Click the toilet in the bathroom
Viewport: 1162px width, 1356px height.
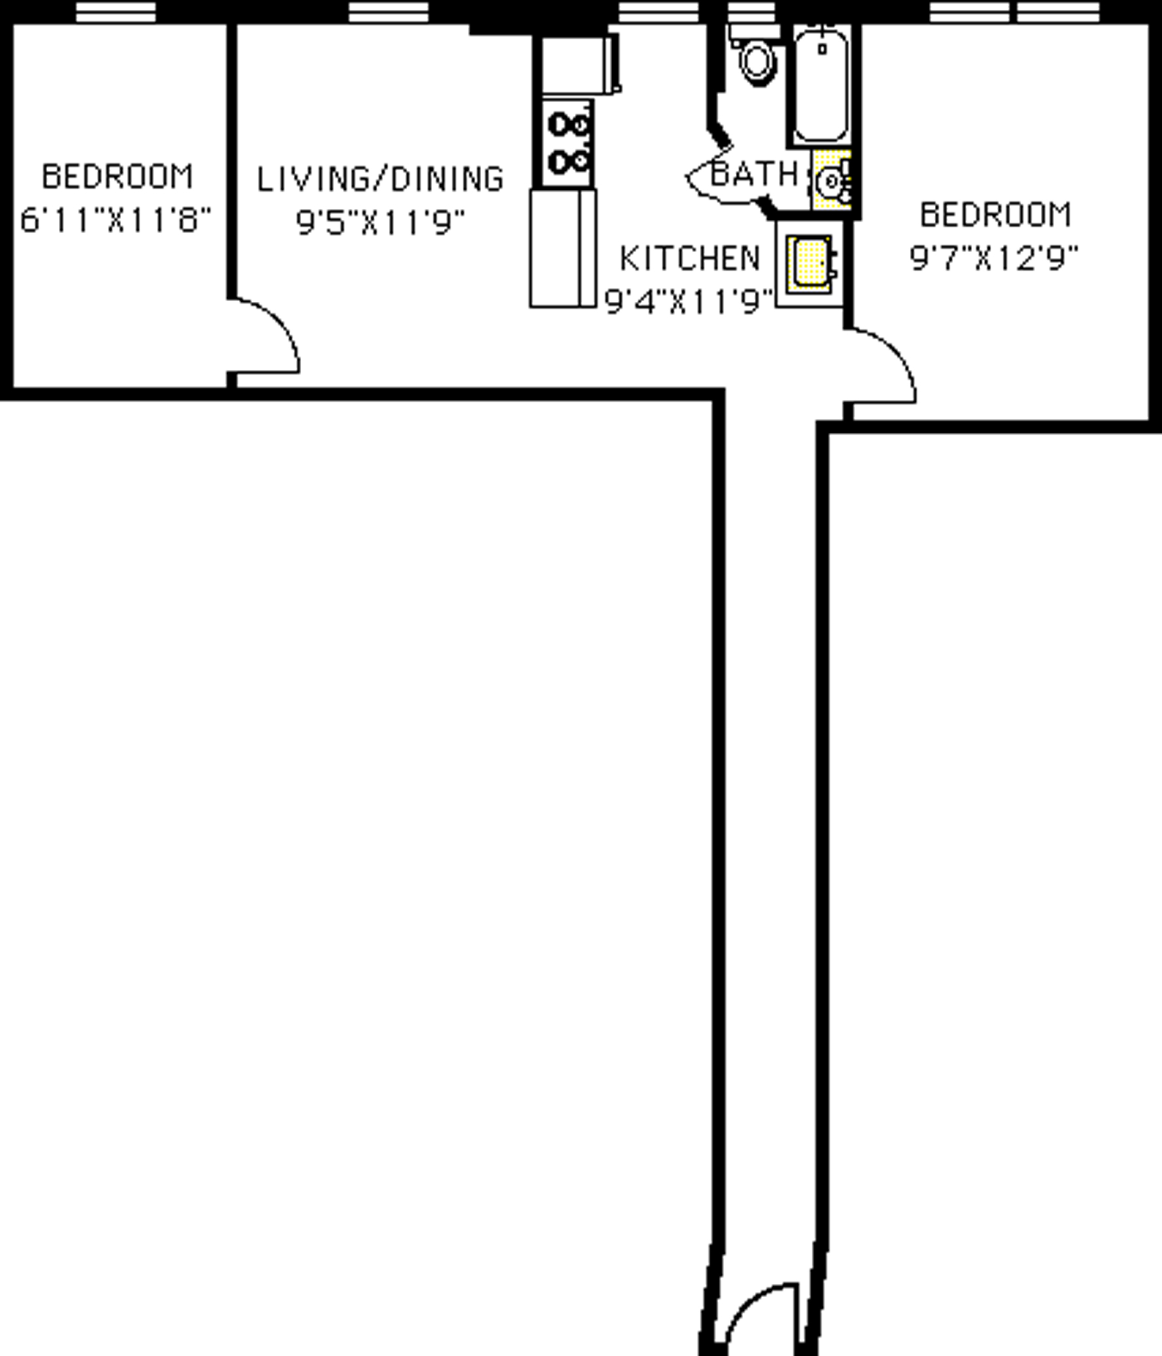tap(757, 60)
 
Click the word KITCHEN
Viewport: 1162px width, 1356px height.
tap(690, 259)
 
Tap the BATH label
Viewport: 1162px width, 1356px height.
tap(754, 174)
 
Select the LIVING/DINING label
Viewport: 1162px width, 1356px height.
tap(380, 179)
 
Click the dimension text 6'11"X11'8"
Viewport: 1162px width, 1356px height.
tap(116, 220)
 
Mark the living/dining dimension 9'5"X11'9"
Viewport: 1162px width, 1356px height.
tap(380, 223)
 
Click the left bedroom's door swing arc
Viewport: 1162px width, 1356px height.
tap(268, 334)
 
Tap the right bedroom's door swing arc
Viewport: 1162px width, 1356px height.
tap(884, 363)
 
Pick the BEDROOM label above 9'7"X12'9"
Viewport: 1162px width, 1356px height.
tap(996, 215)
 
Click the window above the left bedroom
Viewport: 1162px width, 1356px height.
tap(116, 12)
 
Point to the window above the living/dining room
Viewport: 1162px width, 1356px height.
tap(388, 12)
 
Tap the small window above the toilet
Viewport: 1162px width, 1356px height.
tap(752, 12)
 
